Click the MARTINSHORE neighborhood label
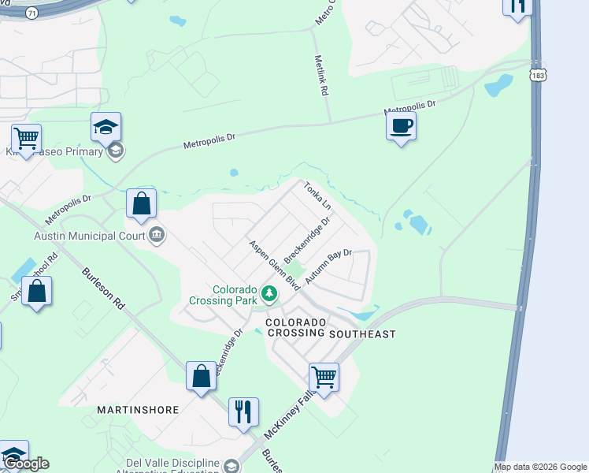point(138,410)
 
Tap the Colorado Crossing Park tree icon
point(270,294)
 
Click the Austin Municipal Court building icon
point(156,234)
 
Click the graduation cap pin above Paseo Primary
point(106,126)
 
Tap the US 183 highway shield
point(538,75)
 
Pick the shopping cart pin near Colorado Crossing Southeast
point(324,377)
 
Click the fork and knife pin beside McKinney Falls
point(243,412)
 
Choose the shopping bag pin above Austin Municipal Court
point(141,203)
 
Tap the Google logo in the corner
point(26,464)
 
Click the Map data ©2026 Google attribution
point(540,467)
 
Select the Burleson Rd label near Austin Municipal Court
point(104,289)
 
